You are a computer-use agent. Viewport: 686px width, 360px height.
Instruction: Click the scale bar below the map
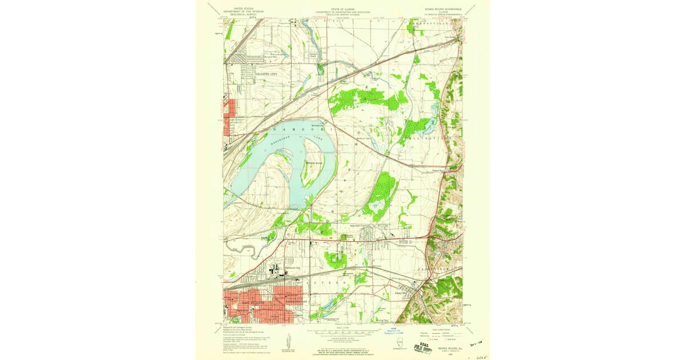pos(343,331)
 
